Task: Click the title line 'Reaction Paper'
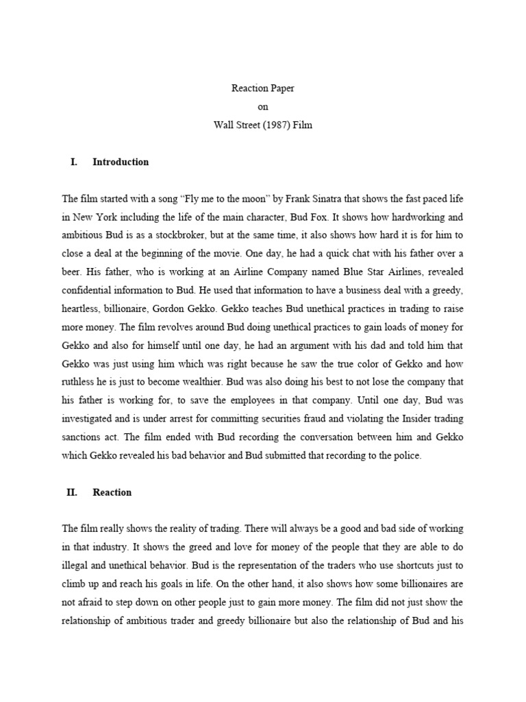coord(264,88)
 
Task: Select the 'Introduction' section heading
coord(121,162)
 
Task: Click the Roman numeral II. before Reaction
coord(72,492)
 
